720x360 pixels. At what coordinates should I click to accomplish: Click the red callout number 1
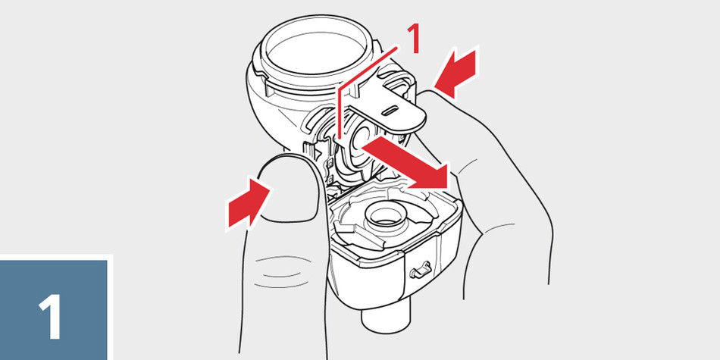[414, 39]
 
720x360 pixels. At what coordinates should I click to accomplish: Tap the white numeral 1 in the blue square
[51, 316]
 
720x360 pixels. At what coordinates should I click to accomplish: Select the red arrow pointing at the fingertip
[456, 73]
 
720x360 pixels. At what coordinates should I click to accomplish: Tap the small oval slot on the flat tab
[389, 110]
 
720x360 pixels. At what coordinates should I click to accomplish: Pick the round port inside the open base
[384, 216]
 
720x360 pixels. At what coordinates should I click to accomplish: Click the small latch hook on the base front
[420, 270]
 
